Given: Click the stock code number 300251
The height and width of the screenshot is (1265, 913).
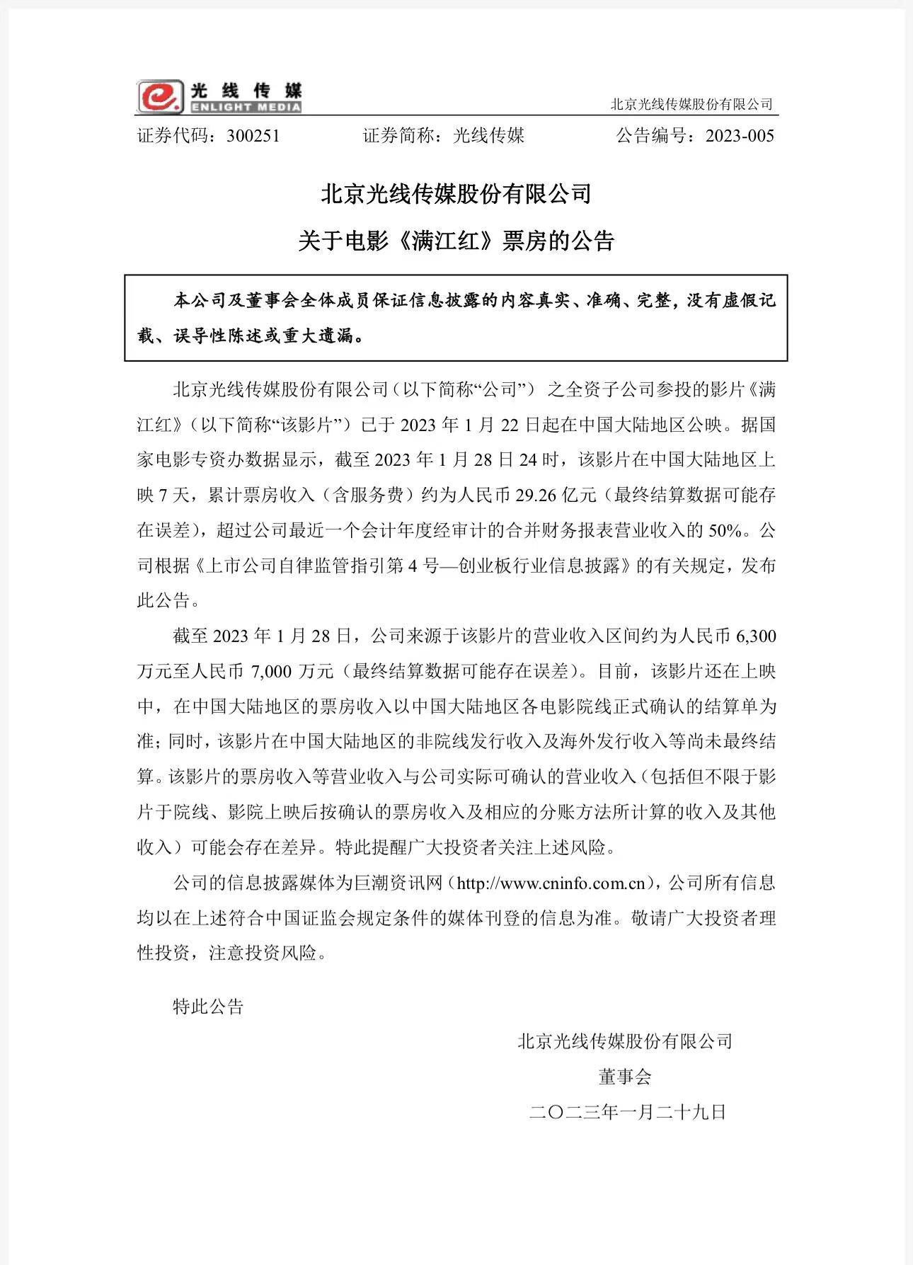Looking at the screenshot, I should pyautogui.click(x=253, y=136).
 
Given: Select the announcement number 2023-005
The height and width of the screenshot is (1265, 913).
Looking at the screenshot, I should pyautogui.click(x=740, y=136).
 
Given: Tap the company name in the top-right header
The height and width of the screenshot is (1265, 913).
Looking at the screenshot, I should pyautogui.click(x=691, y=105).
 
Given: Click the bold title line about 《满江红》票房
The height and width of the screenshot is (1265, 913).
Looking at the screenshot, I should pyautogui.click(x=456, y=241).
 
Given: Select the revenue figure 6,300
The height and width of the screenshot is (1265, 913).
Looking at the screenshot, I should pyautogui.click(x=756, y=636).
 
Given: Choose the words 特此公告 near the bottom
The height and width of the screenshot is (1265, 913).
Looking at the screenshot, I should pyautogui.click(x=208, y=1006).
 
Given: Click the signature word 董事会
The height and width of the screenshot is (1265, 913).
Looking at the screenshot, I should pyautogui.click(x=624, y=1077).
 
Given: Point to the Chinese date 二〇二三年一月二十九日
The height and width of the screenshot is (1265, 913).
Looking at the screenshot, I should pyautogui.click(x=628, y=1112).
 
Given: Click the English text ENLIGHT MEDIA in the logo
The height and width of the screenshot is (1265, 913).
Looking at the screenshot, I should pyautogui.click(x=245, y=108).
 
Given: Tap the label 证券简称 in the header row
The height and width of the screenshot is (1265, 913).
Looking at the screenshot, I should pyautogui.click(x=399, y=136).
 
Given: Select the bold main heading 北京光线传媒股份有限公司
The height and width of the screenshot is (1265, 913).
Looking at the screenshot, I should pyautogui.click(x=456, y=194).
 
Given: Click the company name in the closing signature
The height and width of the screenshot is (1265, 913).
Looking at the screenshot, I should pyautogui.click(x=625, y=1041).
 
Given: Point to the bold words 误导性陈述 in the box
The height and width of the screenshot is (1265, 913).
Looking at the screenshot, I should pyautogui.click(x=218, y=336).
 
